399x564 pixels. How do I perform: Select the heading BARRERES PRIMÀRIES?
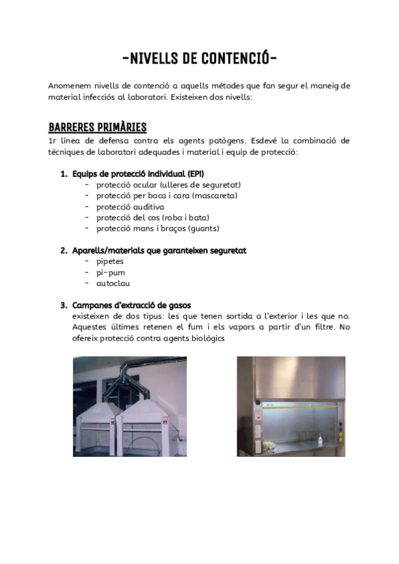[x=97, y=127]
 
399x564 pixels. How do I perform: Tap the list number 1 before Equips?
[x=64, y=174]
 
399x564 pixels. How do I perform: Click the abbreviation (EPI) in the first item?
[x=196, y=174]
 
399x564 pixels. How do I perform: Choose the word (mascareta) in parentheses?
[x=215, y=196]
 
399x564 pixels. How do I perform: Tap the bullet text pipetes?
[x=110, y=261]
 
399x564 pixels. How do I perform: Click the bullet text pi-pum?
[x=110, y=272]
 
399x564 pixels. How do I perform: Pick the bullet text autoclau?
[x=113, y=283]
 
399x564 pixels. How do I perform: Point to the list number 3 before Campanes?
[x=64, y=305]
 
